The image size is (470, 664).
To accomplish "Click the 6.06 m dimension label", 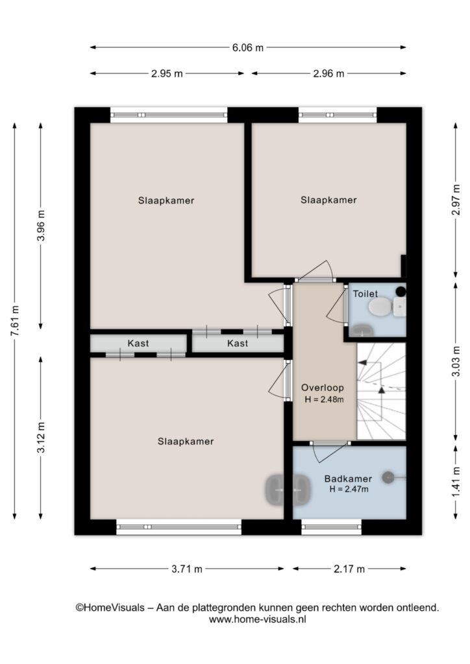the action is click(247, 48).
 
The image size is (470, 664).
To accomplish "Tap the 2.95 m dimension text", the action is click(167, 74).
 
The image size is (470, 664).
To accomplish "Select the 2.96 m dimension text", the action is click(328, 74).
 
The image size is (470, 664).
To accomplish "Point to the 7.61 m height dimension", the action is click(16, 320).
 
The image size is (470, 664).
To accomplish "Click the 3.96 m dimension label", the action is click(41, 226).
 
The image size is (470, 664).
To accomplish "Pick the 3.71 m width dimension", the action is click(187, 569).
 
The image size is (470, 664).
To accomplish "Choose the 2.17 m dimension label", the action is click(349, 569).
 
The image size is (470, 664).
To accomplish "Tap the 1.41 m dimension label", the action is click(456, 482).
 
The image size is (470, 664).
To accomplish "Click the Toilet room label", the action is click(365, 294).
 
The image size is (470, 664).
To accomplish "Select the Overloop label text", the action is click(323, 388).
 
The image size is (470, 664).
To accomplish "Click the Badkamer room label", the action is click(348, 479).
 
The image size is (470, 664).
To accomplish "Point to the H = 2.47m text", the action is click(349, 489).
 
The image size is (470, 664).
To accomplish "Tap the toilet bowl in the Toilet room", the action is click(380, 306).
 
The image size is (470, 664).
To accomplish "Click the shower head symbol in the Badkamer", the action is click(388, 478).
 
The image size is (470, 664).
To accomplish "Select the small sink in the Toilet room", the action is click(362, 330).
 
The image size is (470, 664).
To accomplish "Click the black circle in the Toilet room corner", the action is click(401, 291).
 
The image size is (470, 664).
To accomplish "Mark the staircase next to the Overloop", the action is click(382, 391).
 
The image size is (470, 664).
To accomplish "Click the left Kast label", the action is click(138, 344).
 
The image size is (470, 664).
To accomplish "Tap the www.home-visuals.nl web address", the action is click(257, 619).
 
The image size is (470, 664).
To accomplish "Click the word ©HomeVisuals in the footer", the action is click(110, 608).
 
